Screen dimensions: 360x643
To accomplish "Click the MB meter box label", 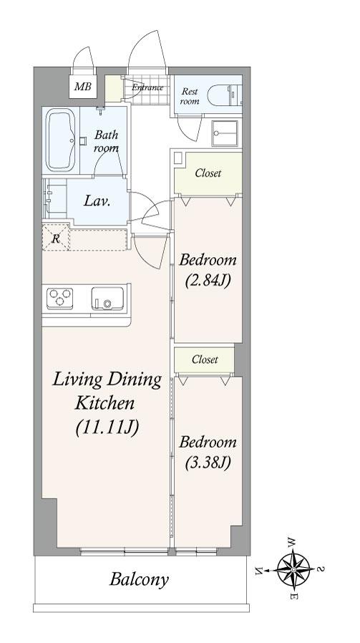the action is (x=82, y=87).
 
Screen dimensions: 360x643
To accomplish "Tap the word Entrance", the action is (x=147, y=87).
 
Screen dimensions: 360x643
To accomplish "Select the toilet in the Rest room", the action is (x=224, y=95).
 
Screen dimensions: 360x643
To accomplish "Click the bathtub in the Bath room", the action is (x=60, y=140).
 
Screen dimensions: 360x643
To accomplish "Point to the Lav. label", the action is (x=97, y=201).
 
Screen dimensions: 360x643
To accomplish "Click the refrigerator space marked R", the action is (x=56, y=238).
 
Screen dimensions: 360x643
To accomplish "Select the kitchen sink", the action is (x=107, y=299).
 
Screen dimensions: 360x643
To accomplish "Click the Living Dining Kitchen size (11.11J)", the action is (x=107, y=427).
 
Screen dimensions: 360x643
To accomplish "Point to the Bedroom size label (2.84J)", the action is (x=208, y=281).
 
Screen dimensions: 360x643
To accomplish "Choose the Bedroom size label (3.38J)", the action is (x=208, y=463).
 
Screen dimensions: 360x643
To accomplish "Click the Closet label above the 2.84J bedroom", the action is (x=208, y=173).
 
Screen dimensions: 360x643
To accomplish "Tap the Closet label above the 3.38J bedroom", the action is (x=205, y=359).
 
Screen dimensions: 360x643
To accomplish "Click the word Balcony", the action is (x=139, y=580).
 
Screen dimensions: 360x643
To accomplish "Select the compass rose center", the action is (x=293, y=569).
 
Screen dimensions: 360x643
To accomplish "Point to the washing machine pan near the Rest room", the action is (x=224, y=133).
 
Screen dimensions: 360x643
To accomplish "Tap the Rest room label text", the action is (x=190, y=96).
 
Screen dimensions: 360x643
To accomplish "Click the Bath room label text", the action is (x=106, y=140).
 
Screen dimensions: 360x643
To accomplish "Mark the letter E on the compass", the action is (x=293, y=596).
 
